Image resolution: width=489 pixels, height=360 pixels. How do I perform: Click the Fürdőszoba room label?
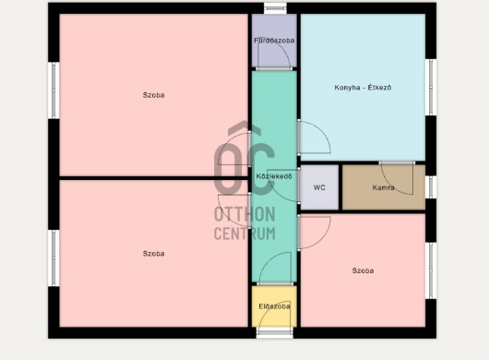point(274,41)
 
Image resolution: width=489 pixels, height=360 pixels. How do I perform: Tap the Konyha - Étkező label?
point(363,88)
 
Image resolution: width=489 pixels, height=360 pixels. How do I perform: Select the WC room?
point(319,187)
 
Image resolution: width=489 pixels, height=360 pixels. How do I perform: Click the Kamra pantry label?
point(383,187)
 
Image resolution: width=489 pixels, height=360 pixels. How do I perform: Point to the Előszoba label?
point(274,306)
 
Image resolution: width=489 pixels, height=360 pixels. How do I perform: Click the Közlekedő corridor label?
point(274,176)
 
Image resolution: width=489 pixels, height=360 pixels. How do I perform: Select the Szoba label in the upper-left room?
point(153,95)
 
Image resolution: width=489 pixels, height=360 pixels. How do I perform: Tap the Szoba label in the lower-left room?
point(153,254)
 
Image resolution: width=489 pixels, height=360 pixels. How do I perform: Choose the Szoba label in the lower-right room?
point(363,270)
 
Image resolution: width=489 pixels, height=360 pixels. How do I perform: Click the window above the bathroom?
point(275,8)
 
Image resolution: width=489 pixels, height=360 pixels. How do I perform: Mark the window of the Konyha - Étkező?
point(431,87)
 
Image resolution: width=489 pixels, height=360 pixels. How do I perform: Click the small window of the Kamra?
point(431,187)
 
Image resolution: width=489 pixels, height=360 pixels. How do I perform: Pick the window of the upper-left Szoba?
point(54,90)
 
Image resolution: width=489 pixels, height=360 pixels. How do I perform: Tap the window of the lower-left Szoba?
point(54,258)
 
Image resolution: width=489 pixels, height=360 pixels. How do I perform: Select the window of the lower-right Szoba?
point(431,270)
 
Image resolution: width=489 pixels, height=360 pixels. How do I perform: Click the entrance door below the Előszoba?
point(275,332)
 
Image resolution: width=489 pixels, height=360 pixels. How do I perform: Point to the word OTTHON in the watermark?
point(244,214)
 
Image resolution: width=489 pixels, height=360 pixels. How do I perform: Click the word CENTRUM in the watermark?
point(244,234)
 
